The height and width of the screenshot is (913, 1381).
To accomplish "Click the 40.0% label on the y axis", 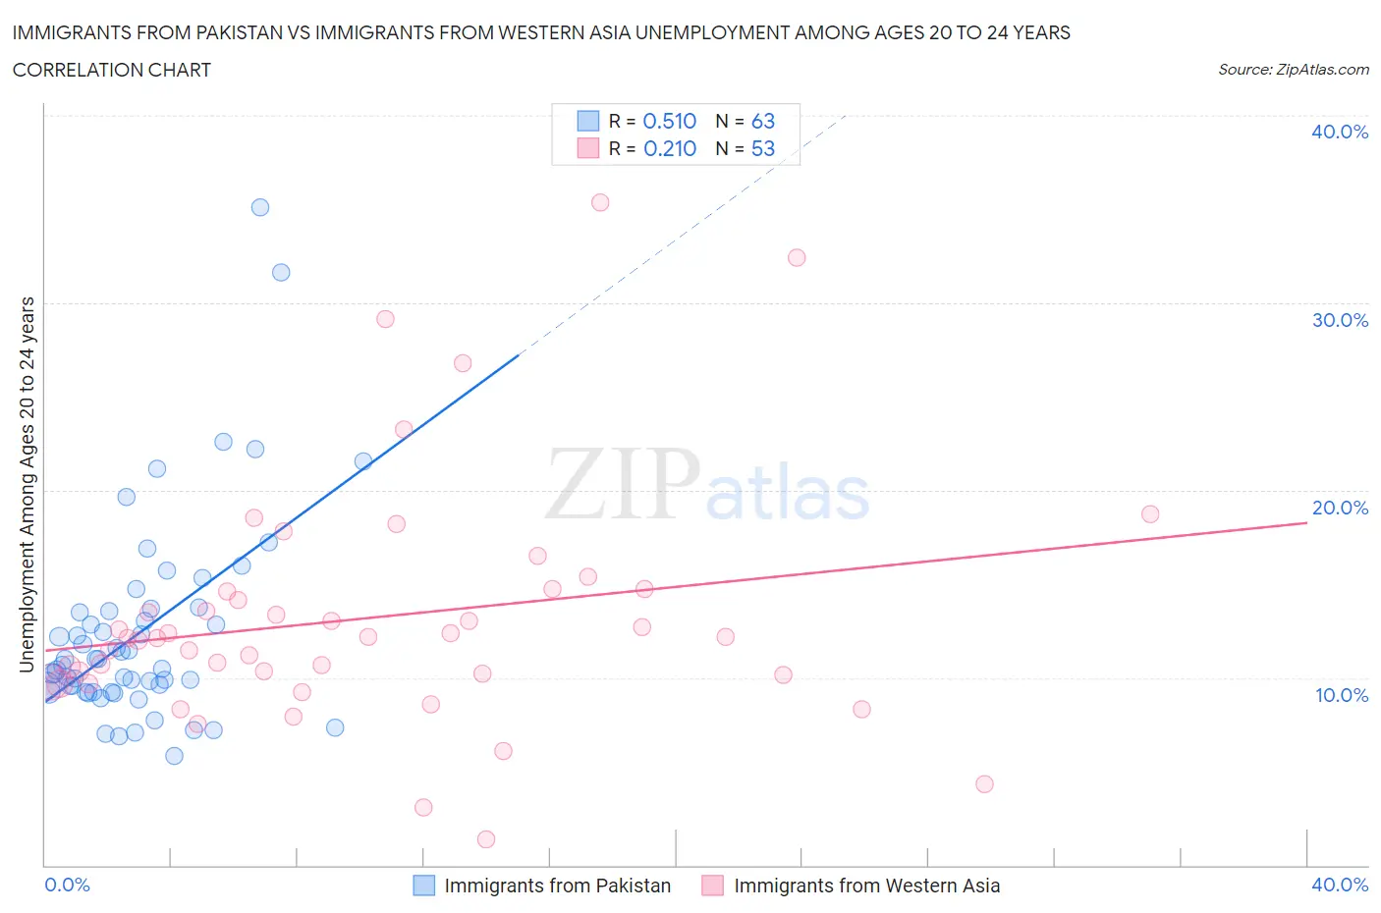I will click(x=1339, y=132).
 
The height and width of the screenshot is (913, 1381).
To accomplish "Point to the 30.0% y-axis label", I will click(x=1339, y=320).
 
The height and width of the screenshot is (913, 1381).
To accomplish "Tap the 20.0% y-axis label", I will click(x=1339, y=508).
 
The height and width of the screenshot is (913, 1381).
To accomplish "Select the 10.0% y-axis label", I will click(x=1341, y=695).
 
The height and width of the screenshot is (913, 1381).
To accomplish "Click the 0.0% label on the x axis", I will click(x=67, y=885).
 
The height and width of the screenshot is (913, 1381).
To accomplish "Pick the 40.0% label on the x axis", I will click(x=1339, y=885).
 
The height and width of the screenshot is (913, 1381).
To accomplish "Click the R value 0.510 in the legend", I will click(x=669, y=121).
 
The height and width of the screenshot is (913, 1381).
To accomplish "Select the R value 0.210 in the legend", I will click(x=669, y=148).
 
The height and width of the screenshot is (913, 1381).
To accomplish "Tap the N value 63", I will click(x=763, y=121).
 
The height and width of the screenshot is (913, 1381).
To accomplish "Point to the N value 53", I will click(x=763, y=148).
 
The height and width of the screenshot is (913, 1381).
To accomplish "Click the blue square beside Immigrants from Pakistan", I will click(x=423, y=886).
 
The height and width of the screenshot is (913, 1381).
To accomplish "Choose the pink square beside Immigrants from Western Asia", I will click(x=713, y=886).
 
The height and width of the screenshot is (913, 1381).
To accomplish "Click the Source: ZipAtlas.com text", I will click(x=1293, y=70).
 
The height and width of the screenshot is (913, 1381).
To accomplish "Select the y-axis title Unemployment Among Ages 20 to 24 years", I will click(x=27, y=485).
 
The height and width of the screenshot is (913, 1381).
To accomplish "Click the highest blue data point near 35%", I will click(x=260, y=207).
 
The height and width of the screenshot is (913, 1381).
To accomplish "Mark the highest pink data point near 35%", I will click(x=600, y=202).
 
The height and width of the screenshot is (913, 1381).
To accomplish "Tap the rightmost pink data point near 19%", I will click(x=1150, y=514).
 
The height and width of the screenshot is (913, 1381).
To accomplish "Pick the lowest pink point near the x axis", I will click(x=486, y=839).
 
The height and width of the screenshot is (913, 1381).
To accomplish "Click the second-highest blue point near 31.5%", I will click(x=281, y=273).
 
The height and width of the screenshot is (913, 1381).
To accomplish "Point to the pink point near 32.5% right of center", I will click(x=797, y=258).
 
